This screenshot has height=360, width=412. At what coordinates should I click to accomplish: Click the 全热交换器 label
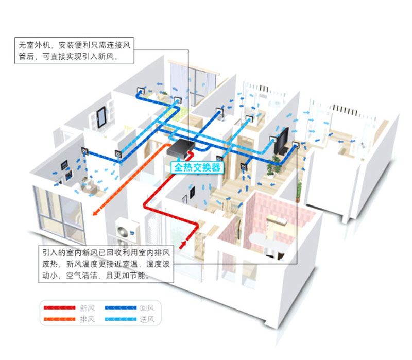click(197, 167)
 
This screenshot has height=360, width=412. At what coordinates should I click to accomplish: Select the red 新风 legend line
click(59, 307)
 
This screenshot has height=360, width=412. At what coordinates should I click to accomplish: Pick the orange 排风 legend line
click(59, 319)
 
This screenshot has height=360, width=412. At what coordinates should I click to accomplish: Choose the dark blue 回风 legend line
click(121, 307)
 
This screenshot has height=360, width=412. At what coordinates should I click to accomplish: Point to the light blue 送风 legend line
click(121, 319)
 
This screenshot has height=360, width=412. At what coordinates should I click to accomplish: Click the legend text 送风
click(147, 319)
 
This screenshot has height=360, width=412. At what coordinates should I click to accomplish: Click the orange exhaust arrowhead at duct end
click(96, 212)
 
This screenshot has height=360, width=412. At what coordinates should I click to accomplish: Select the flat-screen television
click(281, 141)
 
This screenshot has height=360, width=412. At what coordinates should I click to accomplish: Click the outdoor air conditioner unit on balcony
click(128, 230)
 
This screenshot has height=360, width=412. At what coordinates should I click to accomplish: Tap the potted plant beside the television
click(271, 166)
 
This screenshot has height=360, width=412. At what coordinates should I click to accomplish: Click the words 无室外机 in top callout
click(34, 45)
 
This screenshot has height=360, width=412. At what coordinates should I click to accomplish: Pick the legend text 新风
click(87, 308)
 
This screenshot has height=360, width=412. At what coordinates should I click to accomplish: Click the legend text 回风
click(147, 308)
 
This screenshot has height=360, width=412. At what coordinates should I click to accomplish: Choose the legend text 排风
click(87, 319)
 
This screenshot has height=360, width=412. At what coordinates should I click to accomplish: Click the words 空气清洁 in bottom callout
click(81, 275)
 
